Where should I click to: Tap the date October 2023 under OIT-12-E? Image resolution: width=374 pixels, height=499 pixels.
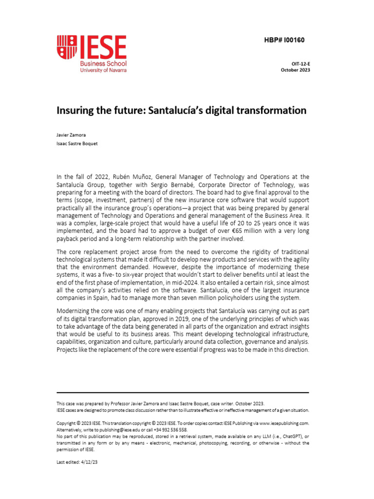click(295, 70)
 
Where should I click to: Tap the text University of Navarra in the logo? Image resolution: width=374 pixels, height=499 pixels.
click(103, 70)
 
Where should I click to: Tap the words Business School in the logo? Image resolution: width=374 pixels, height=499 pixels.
click(103, 63)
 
